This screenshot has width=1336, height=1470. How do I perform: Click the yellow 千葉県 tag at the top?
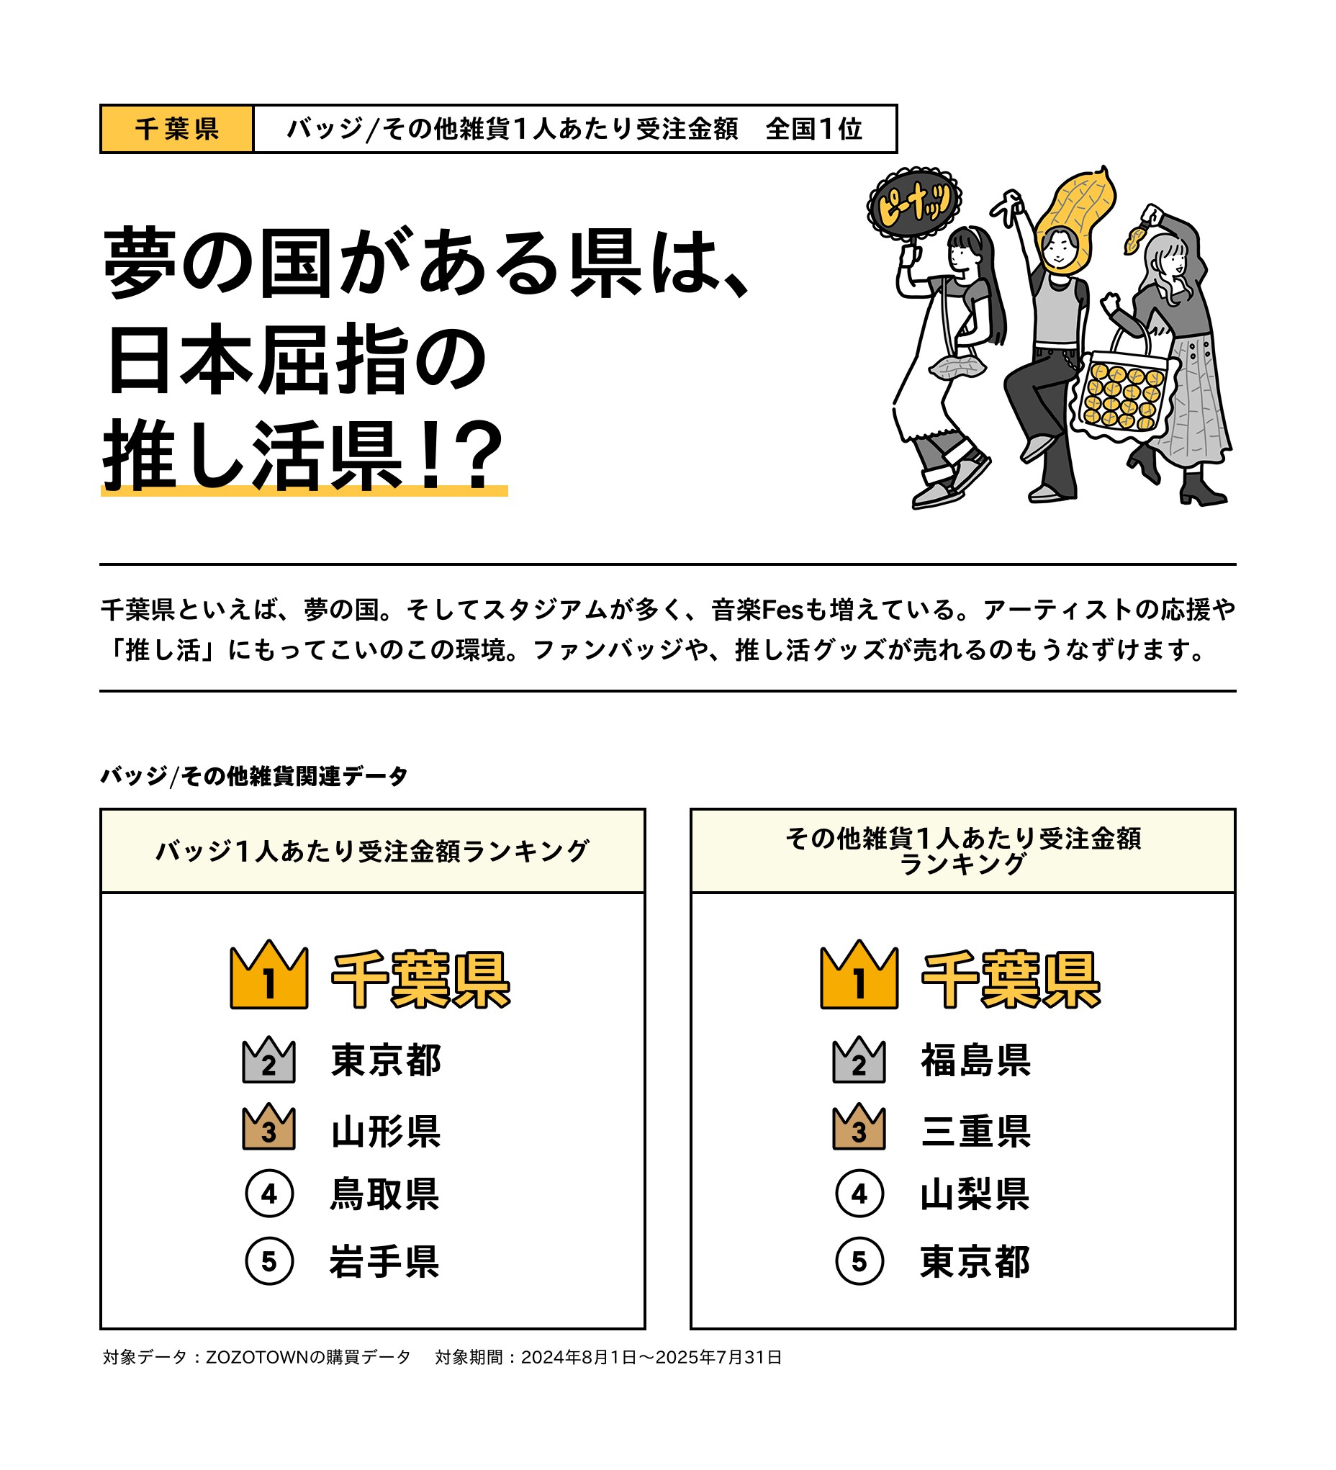pos(176,129)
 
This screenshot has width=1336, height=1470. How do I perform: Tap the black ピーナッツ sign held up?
pos(913,204)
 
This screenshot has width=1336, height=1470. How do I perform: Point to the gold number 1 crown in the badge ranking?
pos(269,974)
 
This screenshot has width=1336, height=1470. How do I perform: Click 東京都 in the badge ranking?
pos(386,1060)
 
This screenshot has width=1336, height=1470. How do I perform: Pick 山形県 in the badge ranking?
pos(386,1131)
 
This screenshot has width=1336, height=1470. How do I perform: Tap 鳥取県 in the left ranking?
pos(384,1194)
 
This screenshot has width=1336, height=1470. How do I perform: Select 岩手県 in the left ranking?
pos(384,1261)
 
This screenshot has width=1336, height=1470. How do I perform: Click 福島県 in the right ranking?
pos(976,1060)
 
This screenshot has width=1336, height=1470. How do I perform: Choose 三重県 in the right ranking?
pos(976,1131)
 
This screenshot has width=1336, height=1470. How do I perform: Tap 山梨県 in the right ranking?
pos(975,1194)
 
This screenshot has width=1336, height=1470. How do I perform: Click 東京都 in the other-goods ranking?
pos(975,1261)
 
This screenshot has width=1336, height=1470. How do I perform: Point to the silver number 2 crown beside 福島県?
pos(859,1060)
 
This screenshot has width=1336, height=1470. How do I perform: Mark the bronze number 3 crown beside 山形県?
pos(269,1127)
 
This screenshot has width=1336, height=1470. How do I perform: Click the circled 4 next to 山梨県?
pos(859,1194)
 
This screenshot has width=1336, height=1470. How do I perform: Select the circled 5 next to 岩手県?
pos(269,1261)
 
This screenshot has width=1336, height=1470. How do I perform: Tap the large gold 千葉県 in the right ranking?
pos(1011,979)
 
